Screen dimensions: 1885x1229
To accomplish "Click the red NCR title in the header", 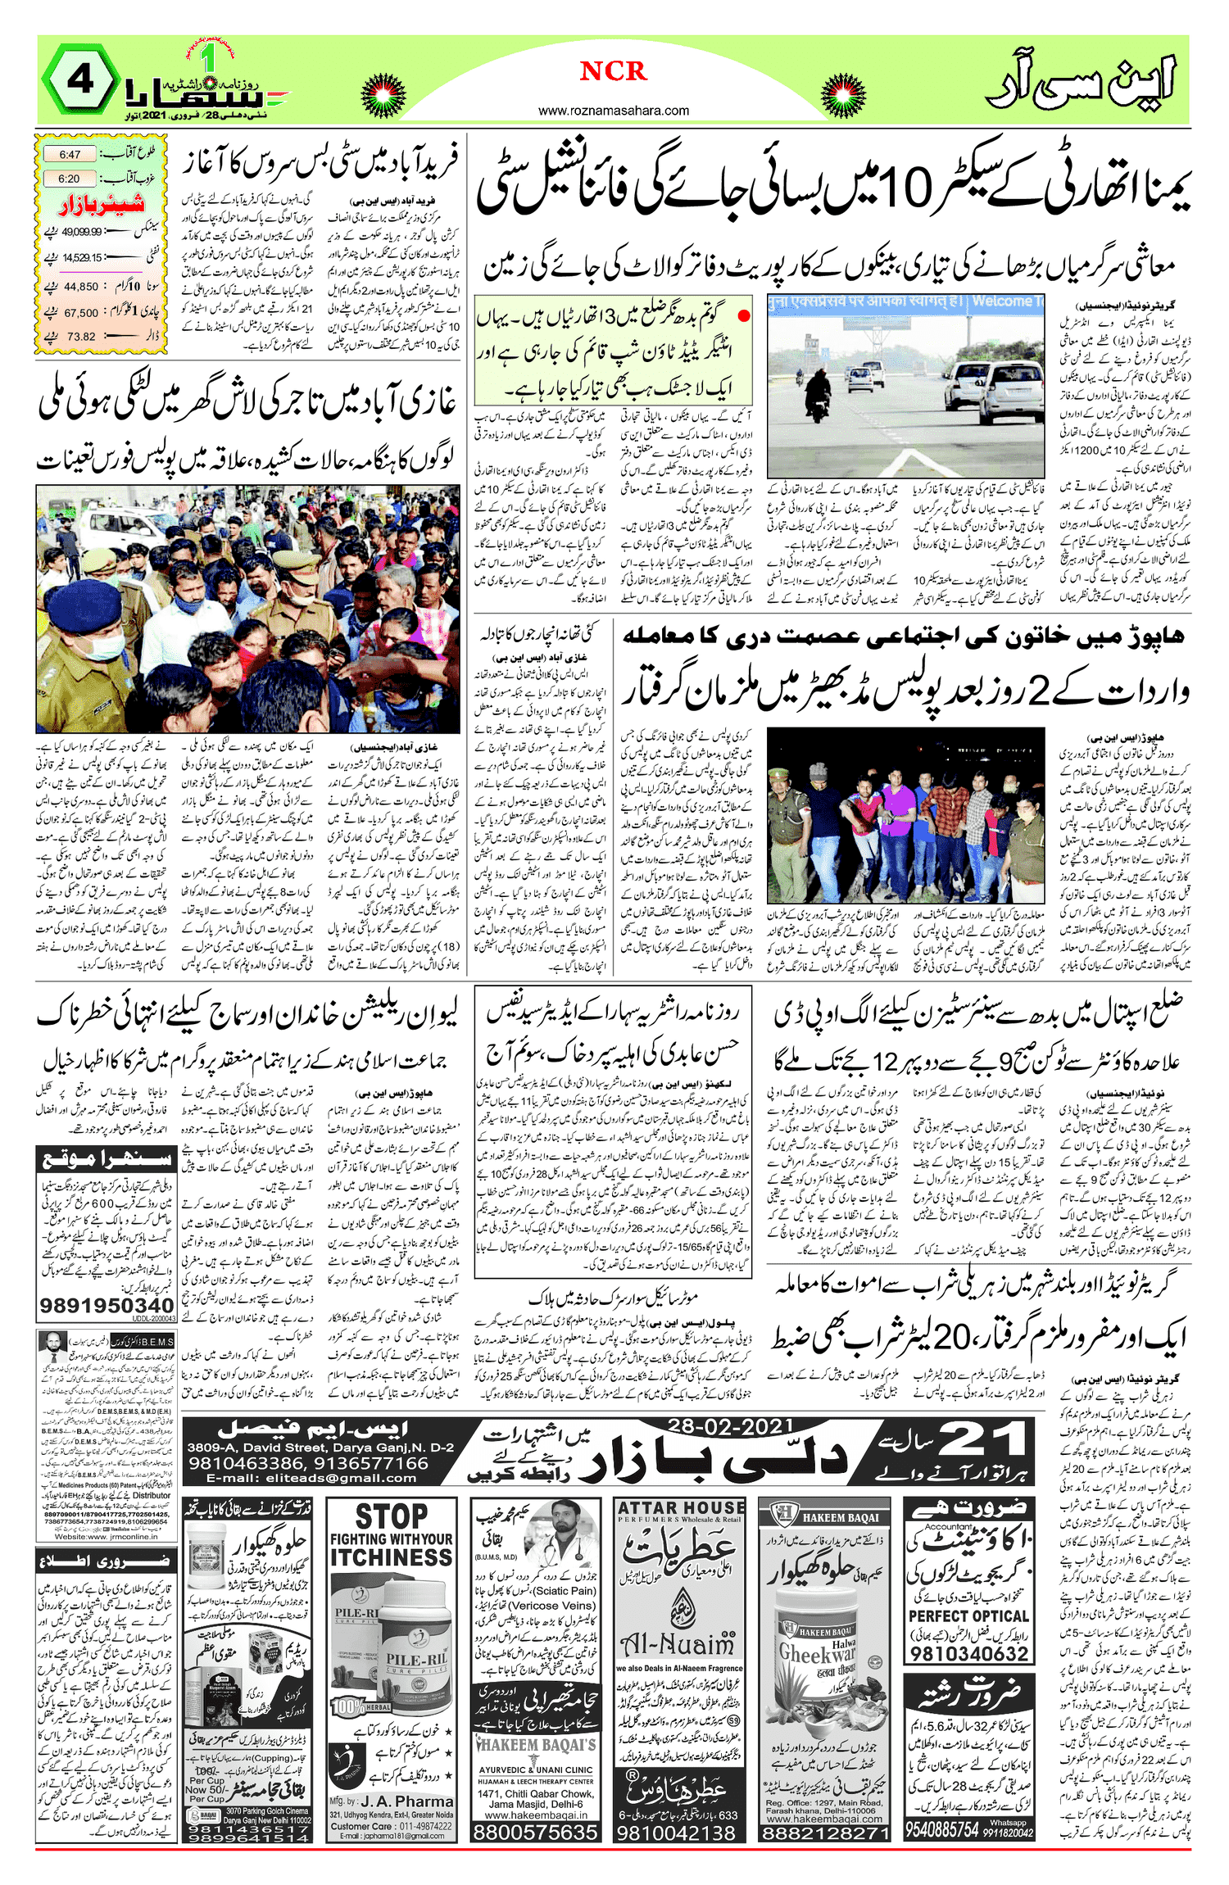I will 614,71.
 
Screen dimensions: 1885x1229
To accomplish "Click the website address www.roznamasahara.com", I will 614,111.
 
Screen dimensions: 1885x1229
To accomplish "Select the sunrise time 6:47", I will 70,154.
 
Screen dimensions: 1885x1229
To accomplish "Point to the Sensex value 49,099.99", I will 81,232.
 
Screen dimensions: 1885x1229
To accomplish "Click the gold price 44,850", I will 81,287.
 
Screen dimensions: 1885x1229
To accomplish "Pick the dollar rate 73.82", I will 81,337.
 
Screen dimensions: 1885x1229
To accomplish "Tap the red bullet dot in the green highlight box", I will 743,315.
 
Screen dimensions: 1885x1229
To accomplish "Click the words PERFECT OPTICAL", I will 968,1615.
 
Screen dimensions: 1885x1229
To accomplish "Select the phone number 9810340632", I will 968,1653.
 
